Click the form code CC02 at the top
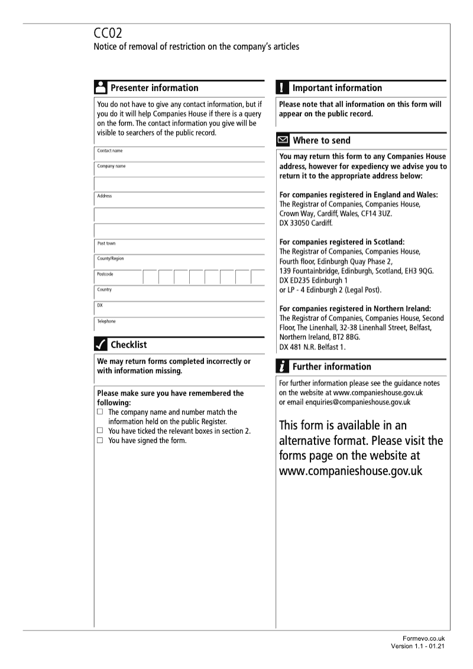[x=109, y=34]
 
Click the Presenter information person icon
[x=101, y=88]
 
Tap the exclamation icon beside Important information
[x=283, y=88]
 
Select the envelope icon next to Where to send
[x=283, y=141]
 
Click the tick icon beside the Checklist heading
[x=101, y=345]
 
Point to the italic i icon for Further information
[x=283, y=367]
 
